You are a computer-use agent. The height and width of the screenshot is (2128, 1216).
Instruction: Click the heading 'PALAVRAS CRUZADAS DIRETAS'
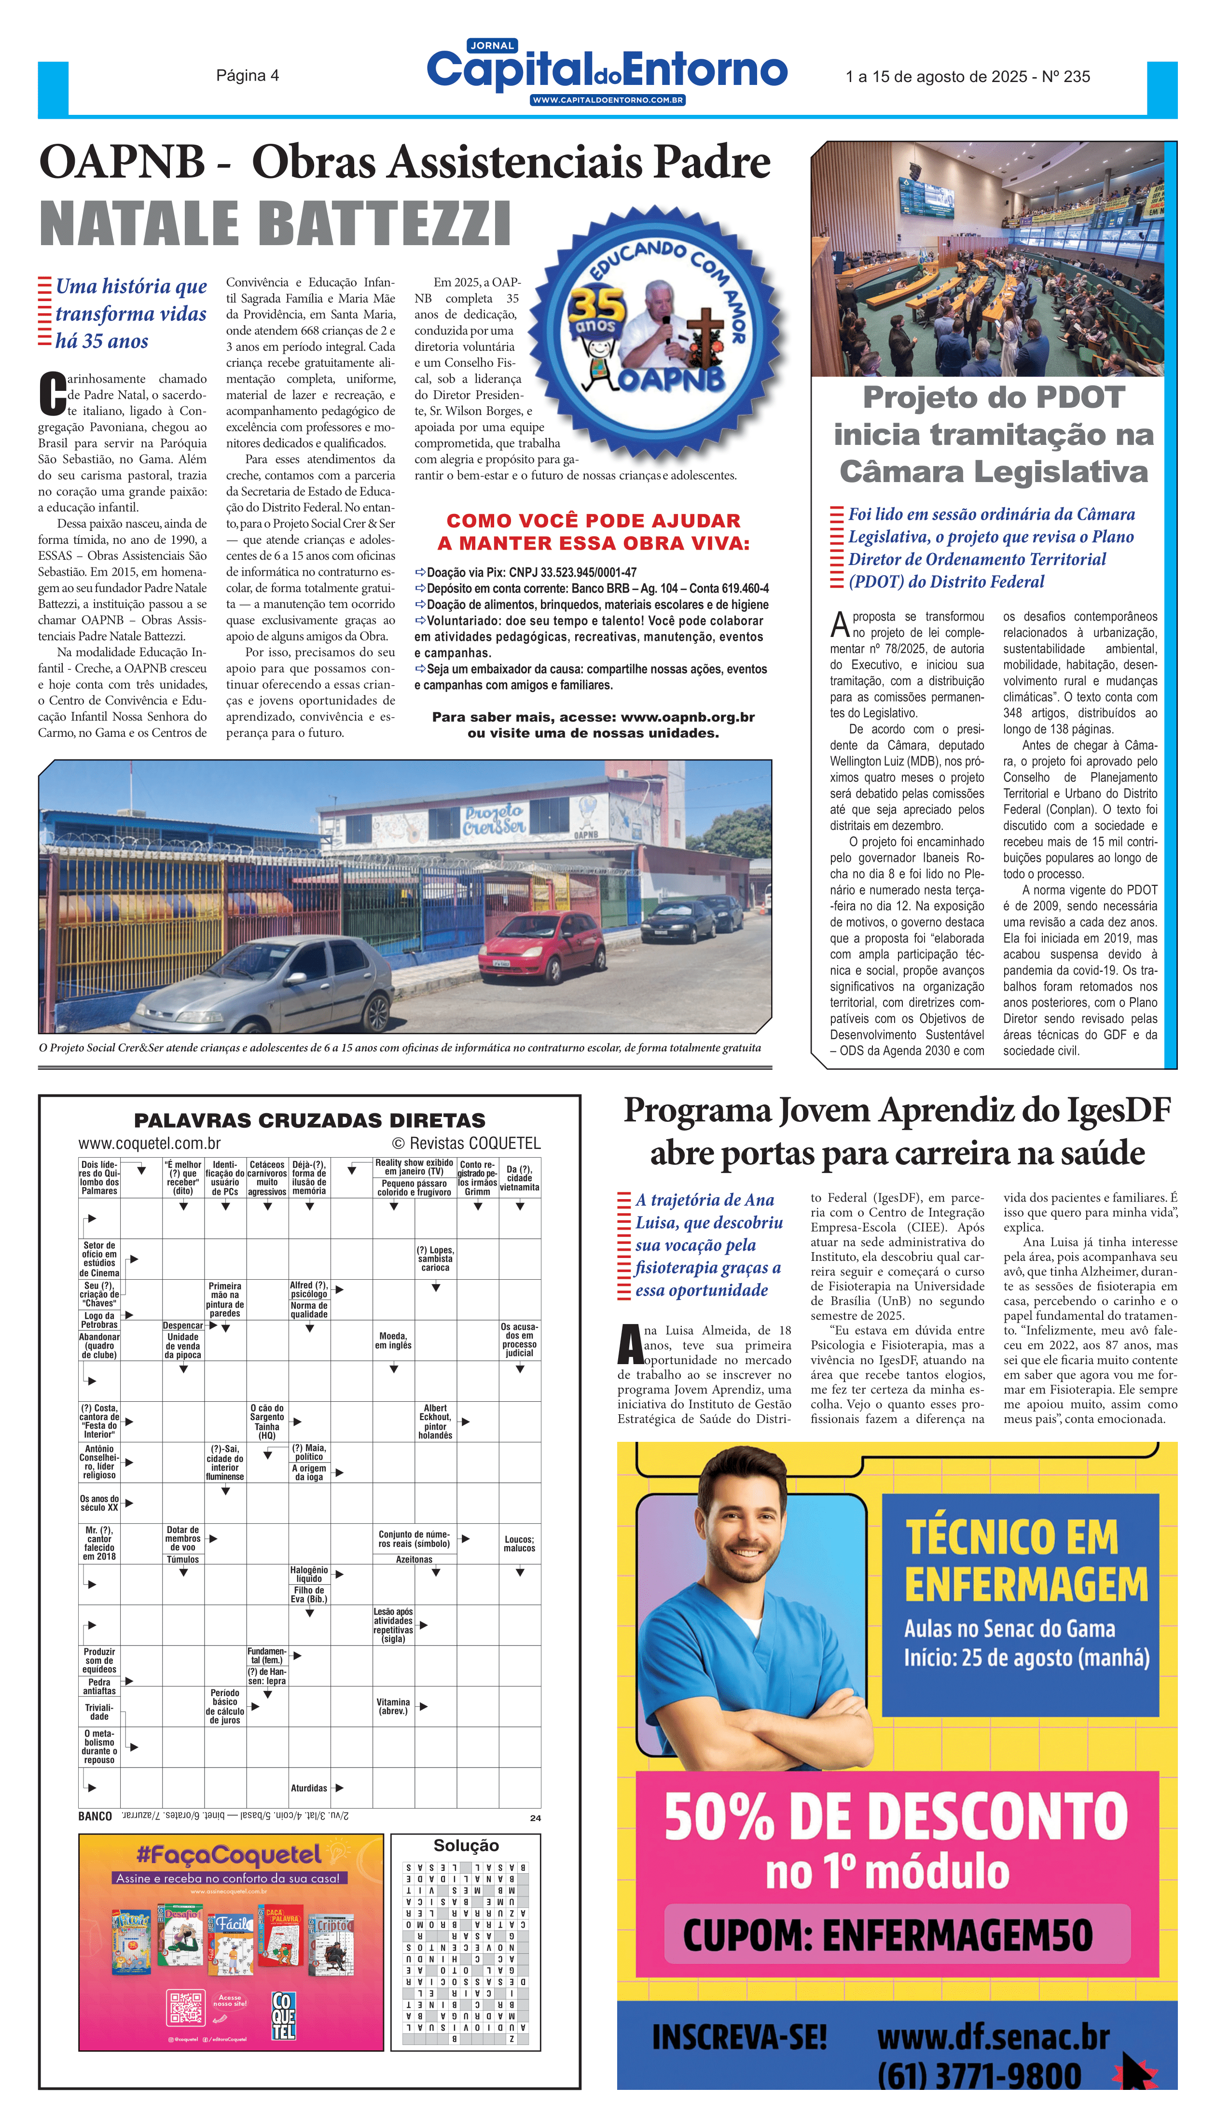coord(309,1120)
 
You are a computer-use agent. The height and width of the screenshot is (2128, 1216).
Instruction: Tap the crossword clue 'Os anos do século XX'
coord(99,1503)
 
